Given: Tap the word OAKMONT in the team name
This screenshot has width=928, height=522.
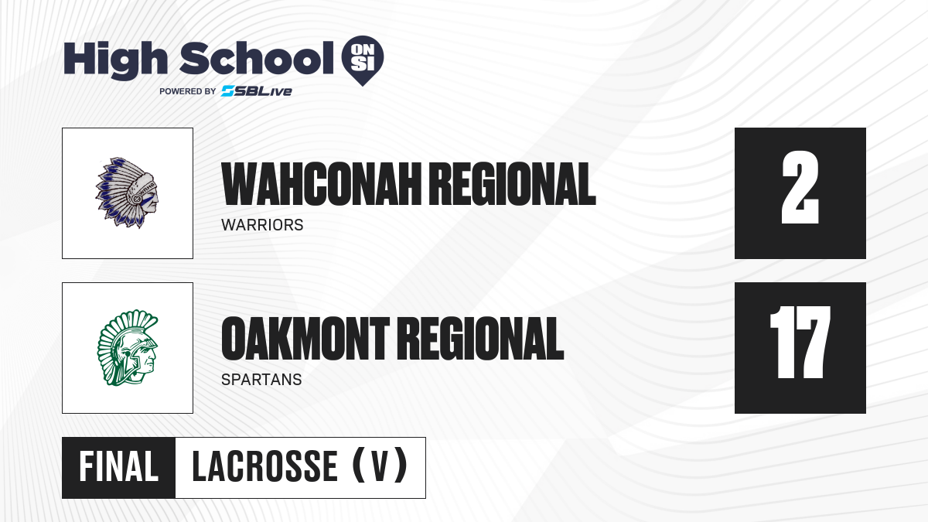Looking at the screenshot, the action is point(305,339).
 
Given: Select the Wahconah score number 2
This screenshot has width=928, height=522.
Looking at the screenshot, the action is point(800,188).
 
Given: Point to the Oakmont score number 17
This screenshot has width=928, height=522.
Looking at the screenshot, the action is point(800,342).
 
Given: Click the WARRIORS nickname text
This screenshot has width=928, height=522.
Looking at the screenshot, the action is point(262,225).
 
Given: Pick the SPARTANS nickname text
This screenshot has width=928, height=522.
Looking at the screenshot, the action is point(261,380).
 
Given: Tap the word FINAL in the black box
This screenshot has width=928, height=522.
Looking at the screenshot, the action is point(118,467).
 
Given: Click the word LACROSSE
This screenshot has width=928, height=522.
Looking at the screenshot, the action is point(264,467).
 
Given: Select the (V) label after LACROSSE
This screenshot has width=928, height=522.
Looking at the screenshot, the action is point(380,466).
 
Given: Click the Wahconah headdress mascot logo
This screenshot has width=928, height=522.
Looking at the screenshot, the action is point(127,193).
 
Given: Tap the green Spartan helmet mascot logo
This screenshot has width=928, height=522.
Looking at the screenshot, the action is point(128,347).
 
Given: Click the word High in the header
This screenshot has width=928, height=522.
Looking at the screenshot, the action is point(115,60).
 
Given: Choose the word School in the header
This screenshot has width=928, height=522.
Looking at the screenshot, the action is point(257,58).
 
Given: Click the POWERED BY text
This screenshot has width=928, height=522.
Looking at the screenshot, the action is point(187,91).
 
